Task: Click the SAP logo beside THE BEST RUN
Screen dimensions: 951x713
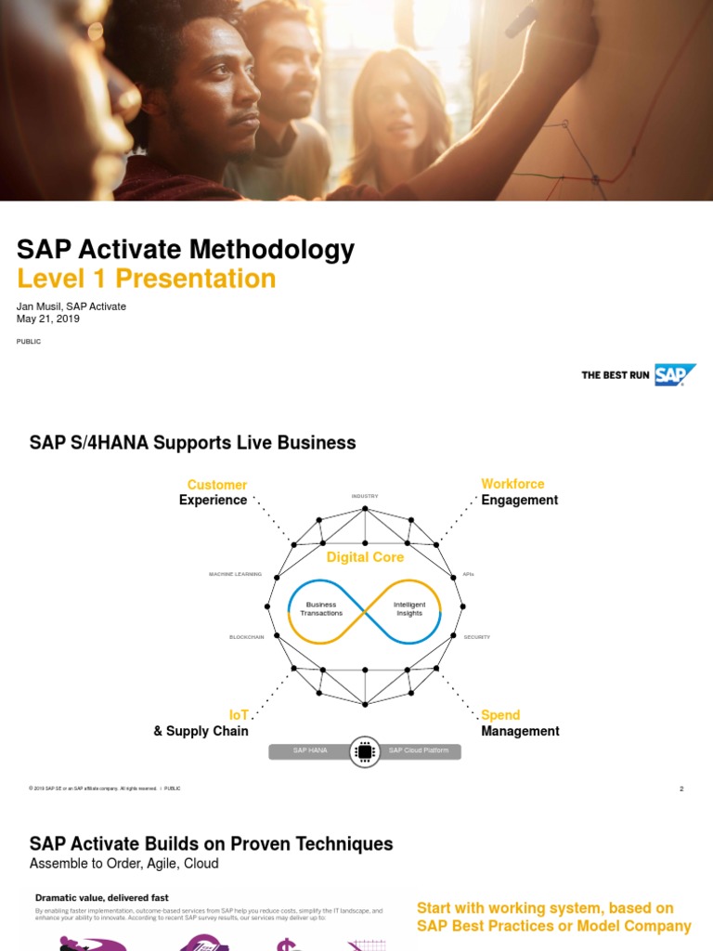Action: [x=675, y=374]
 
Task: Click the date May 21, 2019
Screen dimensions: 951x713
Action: [x=48, y=319]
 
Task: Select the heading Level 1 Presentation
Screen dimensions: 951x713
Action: [x=147, y=279]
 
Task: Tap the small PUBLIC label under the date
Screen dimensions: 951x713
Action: [x=29, y=342]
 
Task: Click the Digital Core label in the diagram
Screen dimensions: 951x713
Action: [x=365, y=557]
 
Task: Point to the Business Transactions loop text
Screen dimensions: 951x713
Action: [x=321, y=609]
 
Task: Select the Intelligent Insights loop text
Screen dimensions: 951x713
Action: [x=409, y=609]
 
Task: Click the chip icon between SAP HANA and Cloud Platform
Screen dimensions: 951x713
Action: [x=365, y=750]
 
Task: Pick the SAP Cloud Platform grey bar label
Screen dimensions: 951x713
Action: [x=419, y=750]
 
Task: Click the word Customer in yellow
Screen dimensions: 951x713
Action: [x=217, y=485]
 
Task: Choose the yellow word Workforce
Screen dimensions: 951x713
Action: [x=512, y=484]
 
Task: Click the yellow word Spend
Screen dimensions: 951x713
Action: [x=500, y=715]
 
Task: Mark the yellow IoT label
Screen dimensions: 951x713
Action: [x=239, y=715]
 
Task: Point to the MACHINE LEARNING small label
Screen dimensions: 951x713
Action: [x=236, y=575]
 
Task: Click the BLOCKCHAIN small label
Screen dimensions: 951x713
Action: [x=247, y=637]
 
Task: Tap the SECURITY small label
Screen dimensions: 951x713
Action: [x=477, y=637]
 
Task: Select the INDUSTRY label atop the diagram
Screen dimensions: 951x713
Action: [x=365, y=497]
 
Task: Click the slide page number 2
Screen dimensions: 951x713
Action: [x=681, y=788]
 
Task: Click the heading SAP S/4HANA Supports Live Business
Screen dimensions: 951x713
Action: [x=193, y=443]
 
